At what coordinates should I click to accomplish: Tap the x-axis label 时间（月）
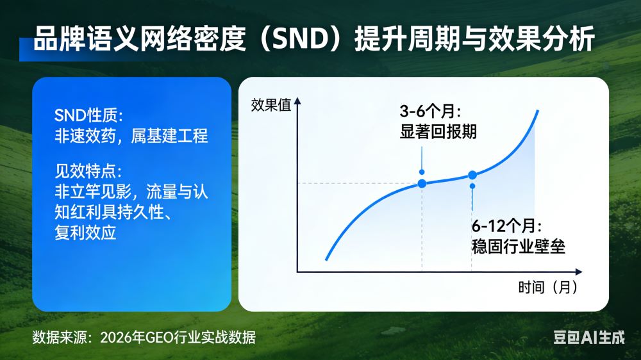(x=548, y=287)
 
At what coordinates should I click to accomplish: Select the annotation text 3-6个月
(x=426, y=110)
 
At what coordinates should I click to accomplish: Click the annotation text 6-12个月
(x=507, y=225)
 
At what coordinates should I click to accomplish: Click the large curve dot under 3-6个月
(x=422, y=184)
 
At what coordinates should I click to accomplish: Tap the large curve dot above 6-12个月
(x=472, y=175)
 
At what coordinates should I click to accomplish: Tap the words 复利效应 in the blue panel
(x=85, y=233)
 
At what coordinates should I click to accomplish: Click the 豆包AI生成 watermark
(x=588, y=338)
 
